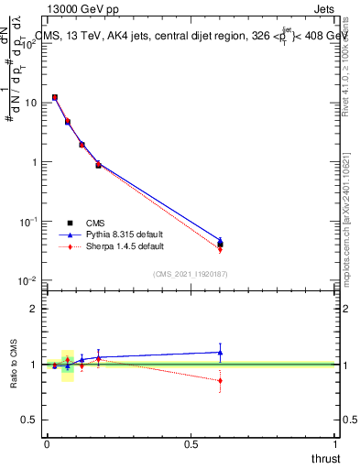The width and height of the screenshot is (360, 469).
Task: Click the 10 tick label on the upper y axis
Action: pos(30,103)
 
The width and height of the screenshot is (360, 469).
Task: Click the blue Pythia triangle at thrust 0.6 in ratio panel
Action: pos(220,352)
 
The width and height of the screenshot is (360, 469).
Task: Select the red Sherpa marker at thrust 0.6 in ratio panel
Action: pos(220,380)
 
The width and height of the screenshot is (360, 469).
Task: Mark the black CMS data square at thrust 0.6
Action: pos(220,244)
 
